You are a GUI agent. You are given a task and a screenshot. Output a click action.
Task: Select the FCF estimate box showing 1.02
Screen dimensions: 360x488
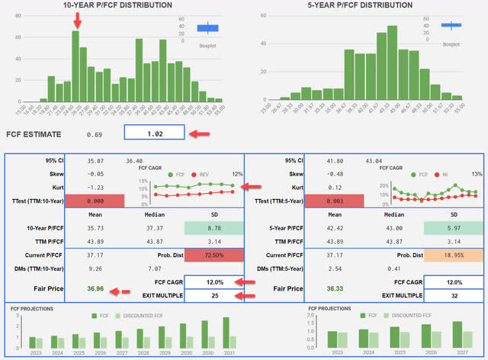point(155,134)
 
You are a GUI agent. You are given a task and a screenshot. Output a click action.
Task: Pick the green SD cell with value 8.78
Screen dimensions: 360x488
point(213,228)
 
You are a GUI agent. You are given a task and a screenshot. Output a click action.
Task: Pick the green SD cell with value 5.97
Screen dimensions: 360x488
point(454,228)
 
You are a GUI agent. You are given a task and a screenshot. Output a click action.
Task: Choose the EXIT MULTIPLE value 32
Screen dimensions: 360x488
point(454,294)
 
